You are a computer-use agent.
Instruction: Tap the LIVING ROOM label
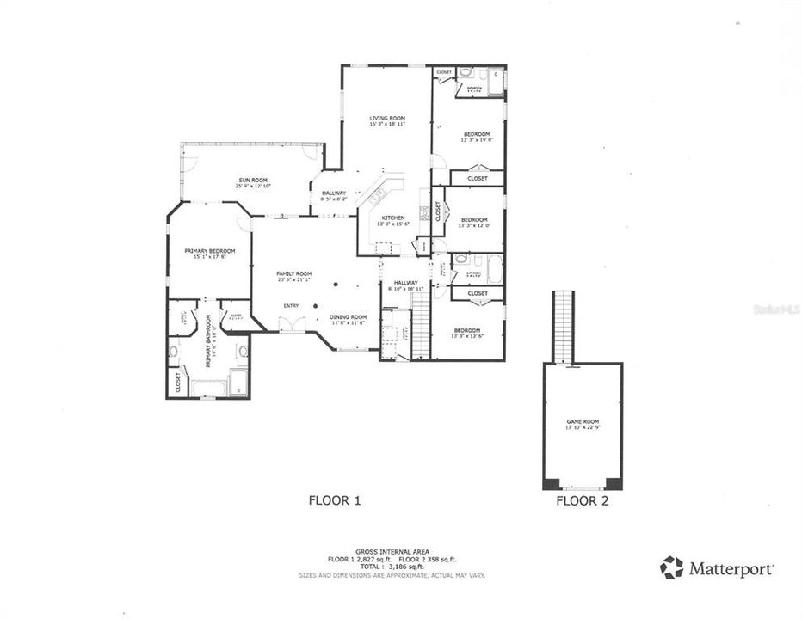pos(387,119)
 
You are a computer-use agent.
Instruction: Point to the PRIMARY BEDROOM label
pos(208,251)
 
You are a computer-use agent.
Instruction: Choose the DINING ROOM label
pos(349,317)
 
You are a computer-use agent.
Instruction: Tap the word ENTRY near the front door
pos(292,305)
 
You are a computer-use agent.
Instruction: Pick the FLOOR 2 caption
pos(583,500)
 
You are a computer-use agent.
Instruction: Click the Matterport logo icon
pos(672,567)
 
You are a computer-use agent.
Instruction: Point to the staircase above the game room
pos(563,327)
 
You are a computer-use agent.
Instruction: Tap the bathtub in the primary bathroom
pos(209,389)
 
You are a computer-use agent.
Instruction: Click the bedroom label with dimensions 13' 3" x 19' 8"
pos(477,135)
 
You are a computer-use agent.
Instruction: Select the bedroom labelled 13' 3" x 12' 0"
pos(474,221)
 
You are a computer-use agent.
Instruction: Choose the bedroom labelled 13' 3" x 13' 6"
pos(466,331)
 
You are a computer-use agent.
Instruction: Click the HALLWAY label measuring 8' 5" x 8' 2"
pos(334,194)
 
